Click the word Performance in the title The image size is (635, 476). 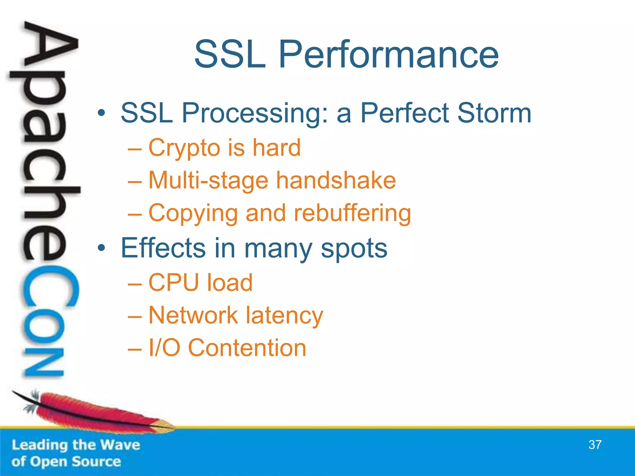tap(389, 55)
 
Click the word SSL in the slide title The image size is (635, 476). tap(230, 55)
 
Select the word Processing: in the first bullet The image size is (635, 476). tap(255, 113)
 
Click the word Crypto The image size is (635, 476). tap(184, 148)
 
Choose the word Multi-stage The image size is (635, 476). tap(208, 181)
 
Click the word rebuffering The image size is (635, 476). tap(352, 213)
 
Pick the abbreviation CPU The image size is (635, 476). tap(174, 283)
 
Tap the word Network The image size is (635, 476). tap(193, 315)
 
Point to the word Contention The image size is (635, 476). tap(247, 348)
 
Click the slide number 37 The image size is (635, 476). tap(595, 445)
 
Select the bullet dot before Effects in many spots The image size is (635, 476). tap(101, 248)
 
